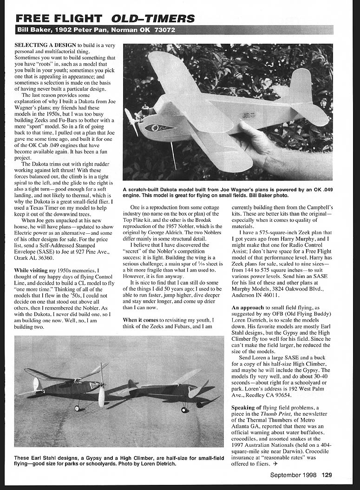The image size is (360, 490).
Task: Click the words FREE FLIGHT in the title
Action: [x=59, y=19]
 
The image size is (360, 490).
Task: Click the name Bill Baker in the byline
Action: [x=34, y=30]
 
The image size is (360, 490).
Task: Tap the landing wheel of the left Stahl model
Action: [x=77, y=408]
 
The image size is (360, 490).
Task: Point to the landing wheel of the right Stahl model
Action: [x=184, y=410]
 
